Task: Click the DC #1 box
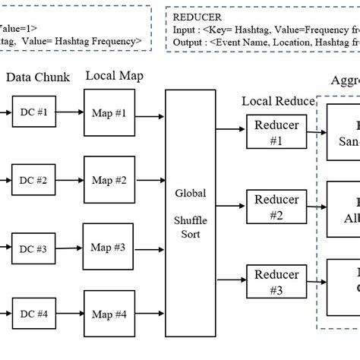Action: (x=33, y=112)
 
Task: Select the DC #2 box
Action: (x=33, y=181)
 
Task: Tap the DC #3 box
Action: (x=33, y=248)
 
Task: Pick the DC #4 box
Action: (x=33, y=314)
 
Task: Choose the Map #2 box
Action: (x=109, y=181)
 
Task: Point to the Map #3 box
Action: (x=109, y=248)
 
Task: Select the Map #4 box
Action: (x=109, y=314)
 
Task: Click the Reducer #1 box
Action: (x=276, y=132)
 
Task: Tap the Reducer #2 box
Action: (x=276, y=207)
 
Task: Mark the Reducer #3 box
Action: (x=276, y=281)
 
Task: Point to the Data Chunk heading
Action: (x=38, y=77)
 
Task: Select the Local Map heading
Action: (x=114, y=76)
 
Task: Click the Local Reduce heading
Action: (x=276, y=101)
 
